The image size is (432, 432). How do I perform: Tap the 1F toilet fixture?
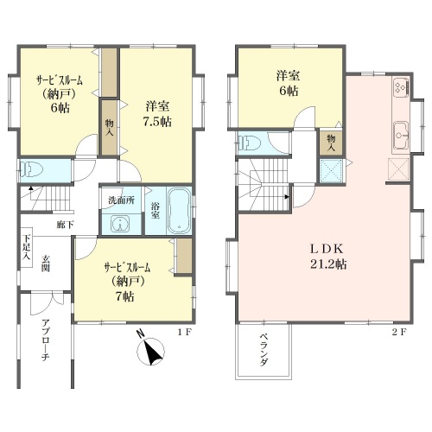coord(30,170)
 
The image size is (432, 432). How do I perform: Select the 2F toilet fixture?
coord(250,142)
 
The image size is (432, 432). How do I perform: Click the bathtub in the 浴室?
coord(180,211)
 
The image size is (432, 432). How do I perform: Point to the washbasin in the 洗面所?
coord(120,224)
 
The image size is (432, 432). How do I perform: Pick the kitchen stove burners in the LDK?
coord(401,87)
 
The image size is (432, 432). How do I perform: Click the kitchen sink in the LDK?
coord(401,135)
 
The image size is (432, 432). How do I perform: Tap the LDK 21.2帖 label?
coord(327,257)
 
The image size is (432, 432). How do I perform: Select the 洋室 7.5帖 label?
coord(157,114)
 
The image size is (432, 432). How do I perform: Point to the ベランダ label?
coord(264,349)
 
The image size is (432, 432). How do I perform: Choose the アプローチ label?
coord(46,340)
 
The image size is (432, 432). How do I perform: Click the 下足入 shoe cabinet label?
coord(27,248)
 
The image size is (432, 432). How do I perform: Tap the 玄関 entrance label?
coord(46,264)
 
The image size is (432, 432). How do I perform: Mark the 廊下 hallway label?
coord(65,225)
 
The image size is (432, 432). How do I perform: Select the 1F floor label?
coord(184,333)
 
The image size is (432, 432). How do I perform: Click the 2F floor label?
coord(399,333)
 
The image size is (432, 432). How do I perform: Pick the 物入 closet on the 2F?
coord(331,143)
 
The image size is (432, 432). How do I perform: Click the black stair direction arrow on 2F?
coord(287,197)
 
